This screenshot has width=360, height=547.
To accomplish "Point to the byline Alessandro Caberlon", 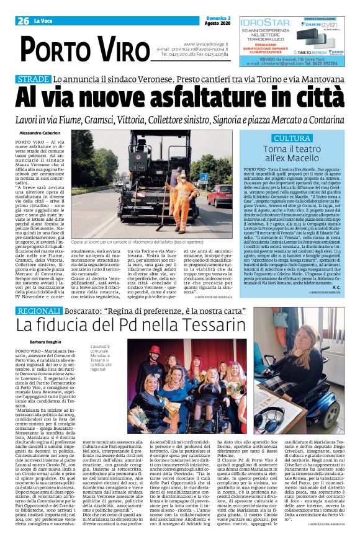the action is point(40,133).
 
